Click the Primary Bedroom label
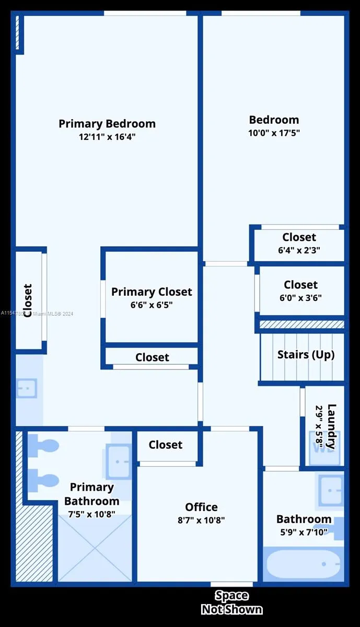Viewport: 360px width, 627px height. point(107,124)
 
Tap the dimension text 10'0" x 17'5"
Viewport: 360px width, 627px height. point(274,133)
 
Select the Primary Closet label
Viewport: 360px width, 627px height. point(152,292)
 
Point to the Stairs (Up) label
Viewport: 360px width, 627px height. point(306,354)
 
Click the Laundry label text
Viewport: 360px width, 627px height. point(331,426)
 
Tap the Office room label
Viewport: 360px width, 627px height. point(201,507)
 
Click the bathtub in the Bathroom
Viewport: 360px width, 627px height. point(303,564)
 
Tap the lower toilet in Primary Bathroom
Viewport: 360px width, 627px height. point(44,480)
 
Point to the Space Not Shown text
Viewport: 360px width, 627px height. point(231,602)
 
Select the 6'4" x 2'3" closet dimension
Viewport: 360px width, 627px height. point(299,250)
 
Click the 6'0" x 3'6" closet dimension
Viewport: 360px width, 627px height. point(300,298)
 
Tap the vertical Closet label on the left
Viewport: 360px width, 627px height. point(28,297)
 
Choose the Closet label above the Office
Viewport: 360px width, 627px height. point(166,445)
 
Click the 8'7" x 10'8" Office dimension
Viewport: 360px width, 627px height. point(201,520)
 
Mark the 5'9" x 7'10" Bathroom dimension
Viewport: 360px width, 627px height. point(304,532)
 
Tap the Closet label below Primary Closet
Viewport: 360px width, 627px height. point(152,357)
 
